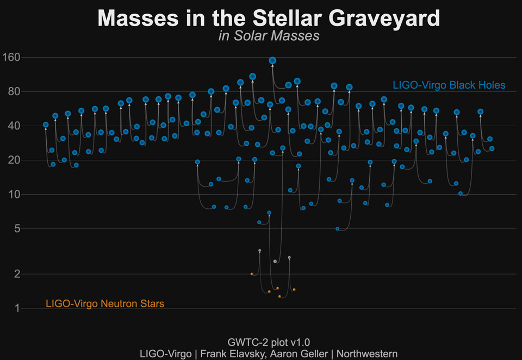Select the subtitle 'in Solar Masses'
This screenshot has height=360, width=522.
coord(269,36)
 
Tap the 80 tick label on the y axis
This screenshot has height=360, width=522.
coord(14,91)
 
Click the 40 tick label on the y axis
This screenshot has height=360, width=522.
coord(14,126)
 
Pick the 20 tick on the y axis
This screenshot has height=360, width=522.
coord(14,160)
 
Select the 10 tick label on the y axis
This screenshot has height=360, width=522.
coord(14,194)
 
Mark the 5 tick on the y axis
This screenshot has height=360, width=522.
coord(16,228)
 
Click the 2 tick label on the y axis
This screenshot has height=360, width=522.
coord(16,274)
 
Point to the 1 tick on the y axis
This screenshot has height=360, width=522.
coord(17,308)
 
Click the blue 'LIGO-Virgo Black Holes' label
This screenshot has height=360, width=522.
coord(449,85)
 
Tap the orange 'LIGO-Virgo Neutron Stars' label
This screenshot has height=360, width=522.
coord(105,304)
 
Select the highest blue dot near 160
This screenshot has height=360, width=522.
coord(272,60)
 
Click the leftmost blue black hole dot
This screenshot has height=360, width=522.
coord(46,125)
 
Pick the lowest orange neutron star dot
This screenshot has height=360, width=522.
coord(279,297)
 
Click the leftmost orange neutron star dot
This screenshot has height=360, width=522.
coord(251,274)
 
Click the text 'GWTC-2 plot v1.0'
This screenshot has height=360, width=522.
coord(269,342)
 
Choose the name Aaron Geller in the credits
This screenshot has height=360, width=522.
coord(301,353)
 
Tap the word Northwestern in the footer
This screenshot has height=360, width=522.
coord(368,353)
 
